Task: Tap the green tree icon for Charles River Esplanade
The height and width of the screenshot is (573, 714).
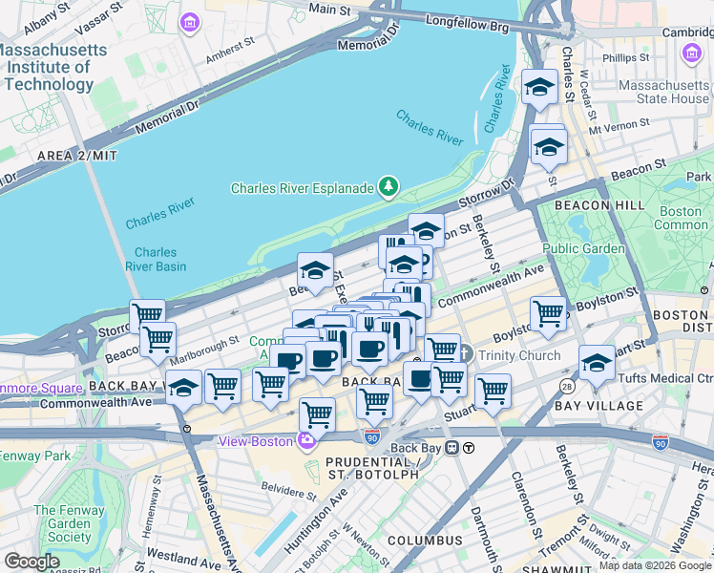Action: click(388, 186)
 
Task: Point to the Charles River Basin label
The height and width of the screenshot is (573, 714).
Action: click(155, 260)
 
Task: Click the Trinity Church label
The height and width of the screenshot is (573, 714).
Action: click(520, 355)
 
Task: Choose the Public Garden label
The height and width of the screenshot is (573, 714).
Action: click(583, 248)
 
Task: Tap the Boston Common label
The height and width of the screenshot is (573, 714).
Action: click(680, 218)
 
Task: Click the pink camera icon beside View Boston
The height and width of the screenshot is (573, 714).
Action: click(307, 441)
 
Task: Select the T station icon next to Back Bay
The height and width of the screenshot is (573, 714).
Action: click(469, 448)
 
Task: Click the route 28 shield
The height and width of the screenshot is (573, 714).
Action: click(568, 386)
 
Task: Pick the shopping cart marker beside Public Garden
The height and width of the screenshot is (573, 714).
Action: click(548, 313)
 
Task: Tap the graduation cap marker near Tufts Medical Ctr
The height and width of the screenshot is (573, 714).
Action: click(597, 364)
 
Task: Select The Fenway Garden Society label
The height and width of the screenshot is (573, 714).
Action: click(62, 523)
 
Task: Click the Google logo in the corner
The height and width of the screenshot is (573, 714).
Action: click(31, 561)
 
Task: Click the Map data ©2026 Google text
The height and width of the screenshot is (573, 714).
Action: click(655, 565)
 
